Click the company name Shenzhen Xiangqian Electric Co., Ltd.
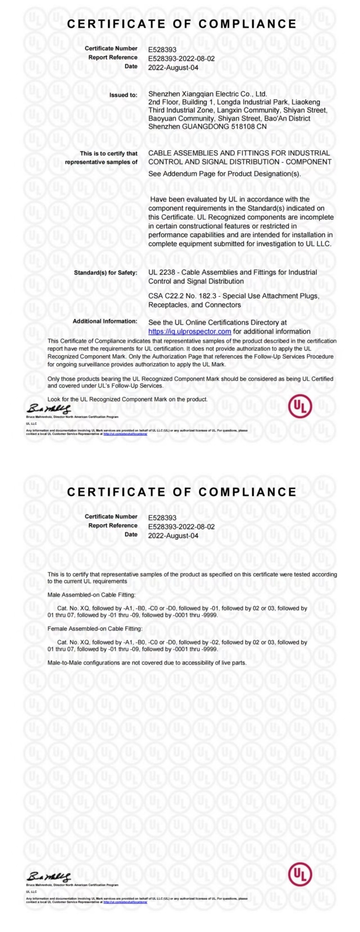[207, 94]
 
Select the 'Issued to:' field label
[123, 95]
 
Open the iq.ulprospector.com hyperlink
[189, 331]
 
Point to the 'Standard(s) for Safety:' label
[105, 273]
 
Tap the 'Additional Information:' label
[105, 321]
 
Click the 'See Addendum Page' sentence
[225, 174]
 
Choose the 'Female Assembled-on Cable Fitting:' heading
[95, 628]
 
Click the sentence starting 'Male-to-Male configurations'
[147, 662]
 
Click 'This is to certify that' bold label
[108, 153]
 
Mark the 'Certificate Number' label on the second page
[111, 516]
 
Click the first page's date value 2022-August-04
[173, 68]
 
